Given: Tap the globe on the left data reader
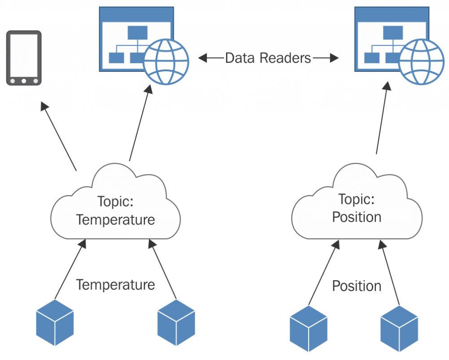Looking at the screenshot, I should (166, 61).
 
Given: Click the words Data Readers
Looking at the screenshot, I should (268, 58).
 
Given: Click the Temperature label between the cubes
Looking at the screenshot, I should (115, 285).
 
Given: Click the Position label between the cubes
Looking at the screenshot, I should (357, 286).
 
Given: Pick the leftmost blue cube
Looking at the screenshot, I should (55, 323).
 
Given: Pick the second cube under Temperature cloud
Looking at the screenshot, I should (176, 323).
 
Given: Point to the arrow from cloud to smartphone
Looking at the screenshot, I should (59, 136).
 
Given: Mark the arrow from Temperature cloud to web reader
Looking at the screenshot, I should (139, 123).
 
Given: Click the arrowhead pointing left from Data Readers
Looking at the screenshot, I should (203, 58).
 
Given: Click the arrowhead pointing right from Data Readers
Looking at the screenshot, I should (333, 58).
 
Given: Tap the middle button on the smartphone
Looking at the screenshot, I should (24, 81).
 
